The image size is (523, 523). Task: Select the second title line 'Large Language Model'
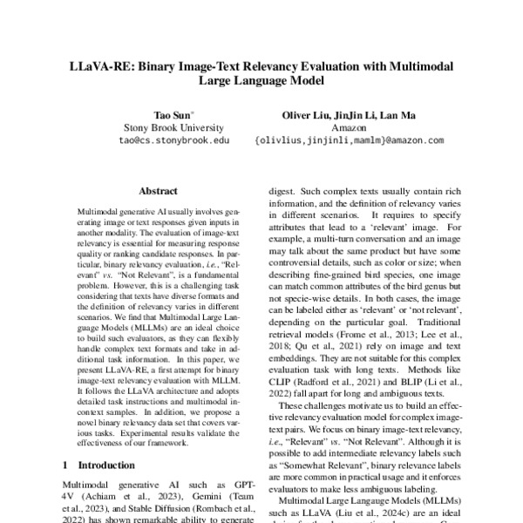261,82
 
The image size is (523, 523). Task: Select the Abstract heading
158,191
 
